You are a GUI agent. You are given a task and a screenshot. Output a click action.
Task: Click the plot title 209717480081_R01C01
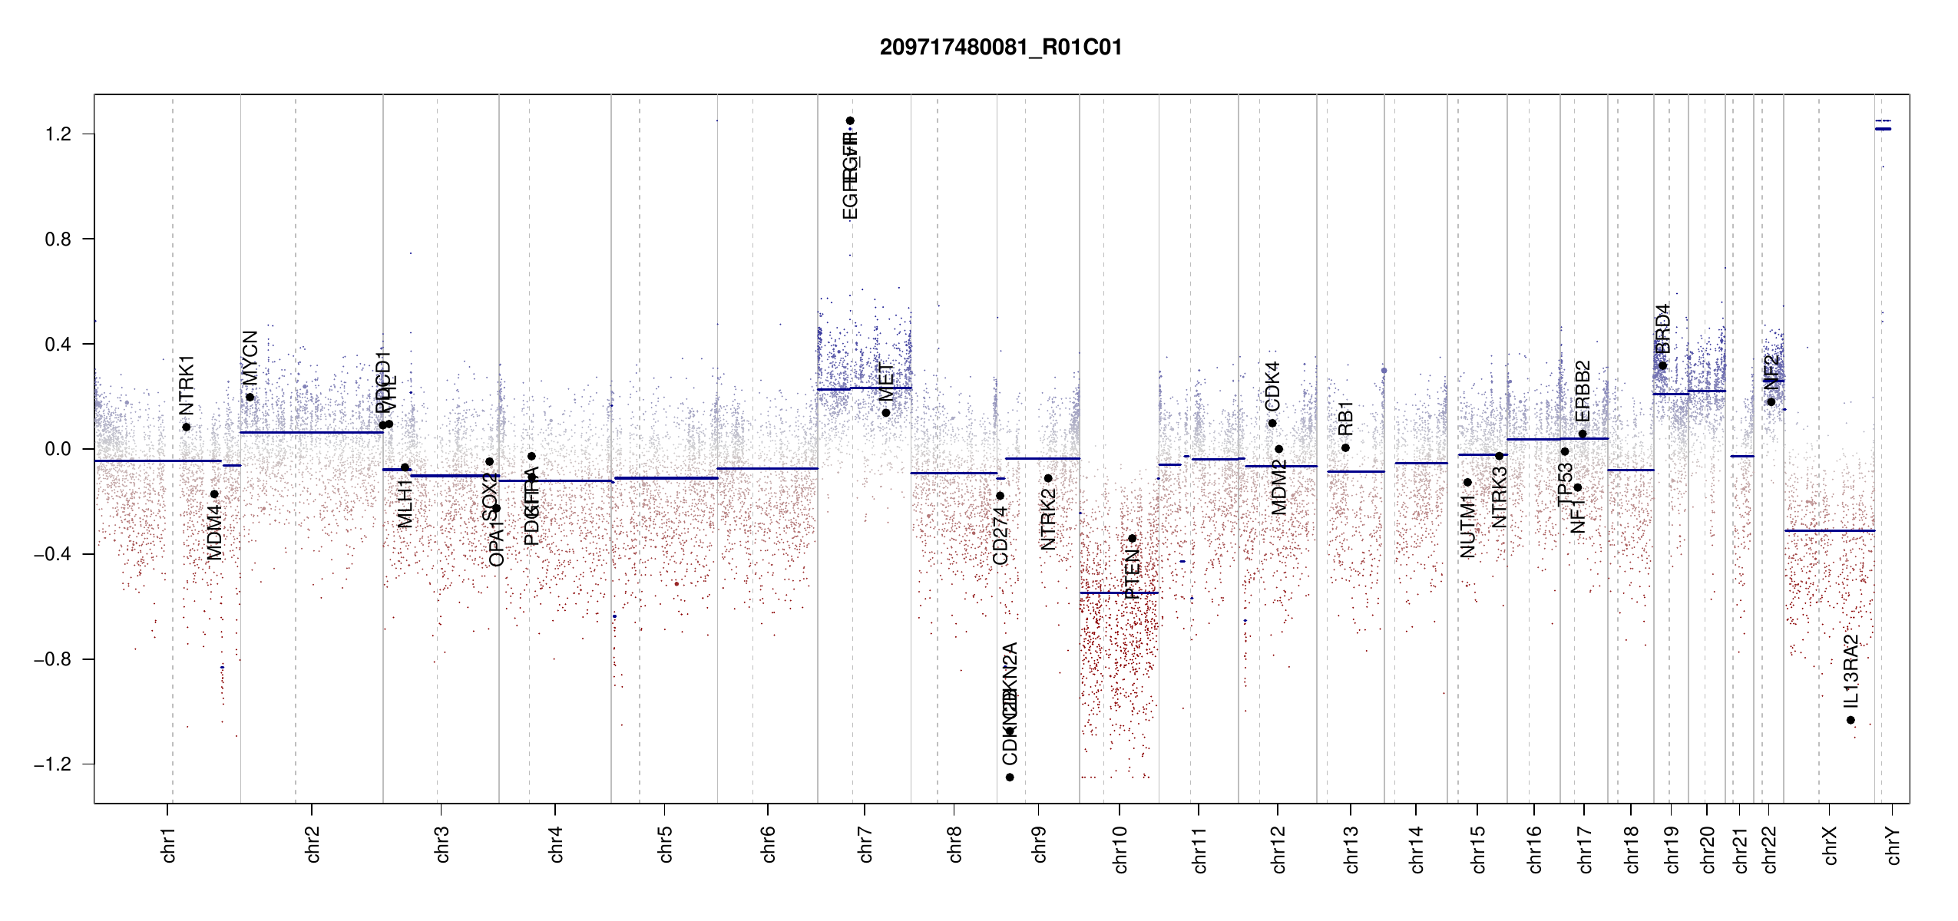click(x=1000, y=48)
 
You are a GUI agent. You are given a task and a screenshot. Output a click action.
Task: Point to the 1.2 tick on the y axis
click(x=58, y=134)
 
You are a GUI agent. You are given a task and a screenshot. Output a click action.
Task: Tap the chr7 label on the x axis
click(x=865, y=844)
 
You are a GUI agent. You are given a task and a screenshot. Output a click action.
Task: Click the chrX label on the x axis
click(x=1830, y=846)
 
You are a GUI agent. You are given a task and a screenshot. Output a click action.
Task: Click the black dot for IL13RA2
click(x=1851, y=720)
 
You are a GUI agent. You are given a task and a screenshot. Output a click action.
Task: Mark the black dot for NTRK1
click(x=187, y=427)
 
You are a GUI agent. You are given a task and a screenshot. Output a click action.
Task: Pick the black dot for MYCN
click(x=250, y=397)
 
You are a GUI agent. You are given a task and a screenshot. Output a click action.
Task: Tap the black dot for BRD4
click(x=1662, y=365)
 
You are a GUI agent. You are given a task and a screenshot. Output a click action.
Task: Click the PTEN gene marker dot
click(x=1132, y=538)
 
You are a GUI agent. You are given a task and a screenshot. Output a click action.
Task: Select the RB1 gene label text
click(x=1345, y=418)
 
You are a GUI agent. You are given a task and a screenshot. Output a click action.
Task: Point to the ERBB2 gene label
click(x=1583, y=391)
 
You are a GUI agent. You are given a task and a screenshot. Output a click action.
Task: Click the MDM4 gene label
click(x=215, y=532)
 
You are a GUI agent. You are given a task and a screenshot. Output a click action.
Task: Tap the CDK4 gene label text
click(x=1272, y=386)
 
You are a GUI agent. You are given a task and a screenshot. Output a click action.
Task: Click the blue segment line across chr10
click(x=1119, y=593)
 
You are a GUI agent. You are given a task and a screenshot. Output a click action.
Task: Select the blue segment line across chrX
click(x=1829, y=530)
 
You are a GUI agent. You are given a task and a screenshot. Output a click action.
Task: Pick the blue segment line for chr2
click(x=311, y=432)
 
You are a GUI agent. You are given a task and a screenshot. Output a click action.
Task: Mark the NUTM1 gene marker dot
click(x=1467, y=482)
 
